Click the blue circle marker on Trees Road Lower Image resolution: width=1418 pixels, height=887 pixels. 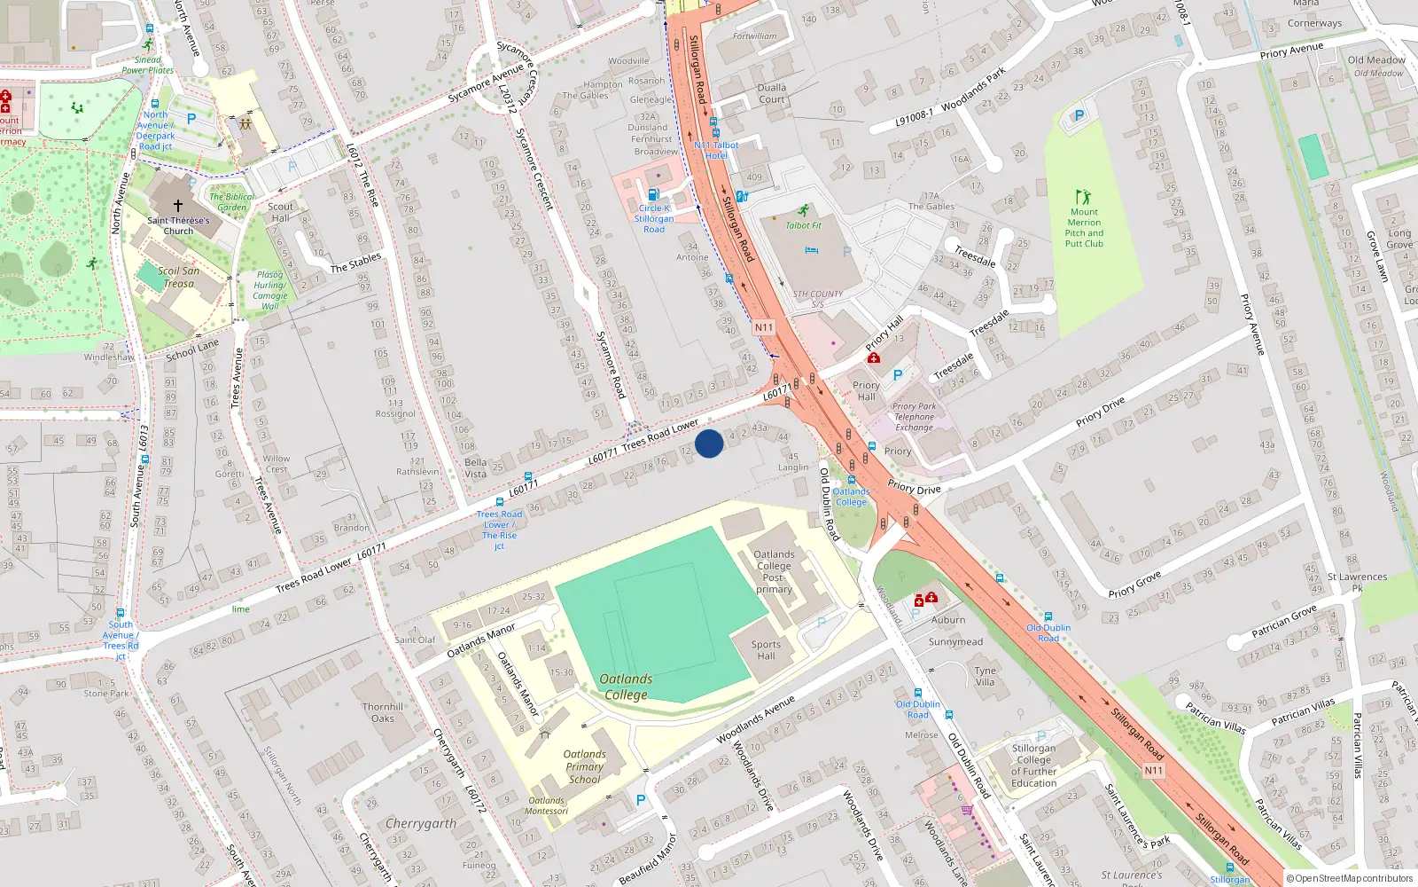pyautogui.click(x=709, y=443)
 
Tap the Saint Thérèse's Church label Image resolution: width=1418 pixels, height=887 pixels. pyautogui.click(x=178, y=225)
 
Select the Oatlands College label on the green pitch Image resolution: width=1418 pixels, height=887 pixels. pyautogui.click(x=626, y=687)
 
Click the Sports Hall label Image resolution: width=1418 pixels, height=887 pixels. pyautogui.click(x=766, y=650)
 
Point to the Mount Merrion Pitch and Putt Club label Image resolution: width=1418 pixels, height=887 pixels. pyautogui.click(x=1084, y=228)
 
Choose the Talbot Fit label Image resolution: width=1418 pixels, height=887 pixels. pyautogui.click(x=804, y=225)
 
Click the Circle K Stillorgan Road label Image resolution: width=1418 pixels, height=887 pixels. pyautogui.click(x=654, y=218)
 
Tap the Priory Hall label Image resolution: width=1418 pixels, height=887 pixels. pyautogui.click(x=866, y=390)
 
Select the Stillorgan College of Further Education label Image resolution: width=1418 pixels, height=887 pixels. pyautogui.click(x=1033, y=765)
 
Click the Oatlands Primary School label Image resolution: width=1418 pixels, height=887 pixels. pyautogui.click(x=584, y=766)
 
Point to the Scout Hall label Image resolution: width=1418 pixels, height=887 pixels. pyautogui.click(x=280, y=212)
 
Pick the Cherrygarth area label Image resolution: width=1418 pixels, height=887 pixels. pyautogui.click(x=421, y=823)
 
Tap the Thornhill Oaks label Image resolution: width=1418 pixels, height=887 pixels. pyautogui.click(x=383, y=712)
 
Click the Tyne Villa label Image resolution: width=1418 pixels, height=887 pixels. pyautogui.click(x=985, y=676)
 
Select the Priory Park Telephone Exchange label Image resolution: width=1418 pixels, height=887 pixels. pyautogui.click(x=914, y=417)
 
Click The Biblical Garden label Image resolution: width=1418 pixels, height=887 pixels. pyautogui.click(x=231, y=202)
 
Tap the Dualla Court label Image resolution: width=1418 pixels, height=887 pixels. pyautogui.click(x=772, y=93)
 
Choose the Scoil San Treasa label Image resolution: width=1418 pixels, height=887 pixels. pyautogui.click(x=178, y=277)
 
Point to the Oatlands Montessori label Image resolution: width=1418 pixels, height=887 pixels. pyautogui.click(x=546, y=805)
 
